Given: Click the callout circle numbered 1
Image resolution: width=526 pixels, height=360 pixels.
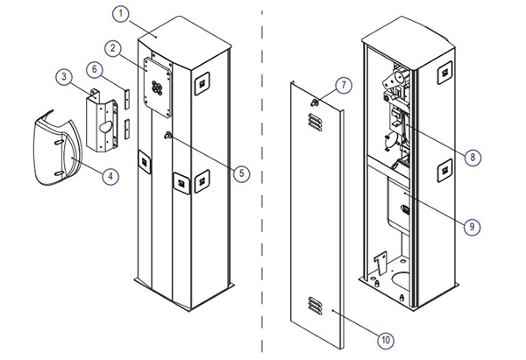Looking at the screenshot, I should click(121, 15).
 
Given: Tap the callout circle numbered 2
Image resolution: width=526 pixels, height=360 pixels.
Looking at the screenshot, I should click(112, 46).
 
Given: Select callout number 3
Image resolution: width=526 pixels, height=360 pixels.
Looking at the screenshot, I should click(65, 78).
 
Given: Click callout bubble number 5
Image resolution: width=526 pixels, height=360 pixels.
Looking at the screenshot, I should click(241, 173).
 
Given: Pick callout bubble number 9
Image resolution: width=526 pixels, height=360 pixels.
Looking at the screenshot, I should click(472, 225).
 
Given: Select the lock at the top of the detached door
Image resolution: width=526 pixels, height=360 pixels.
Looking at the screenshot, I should click(313, 103).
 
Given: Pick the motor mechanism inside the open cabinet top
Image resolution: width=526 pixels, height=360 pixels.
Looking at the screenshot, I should click(394, 88).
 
